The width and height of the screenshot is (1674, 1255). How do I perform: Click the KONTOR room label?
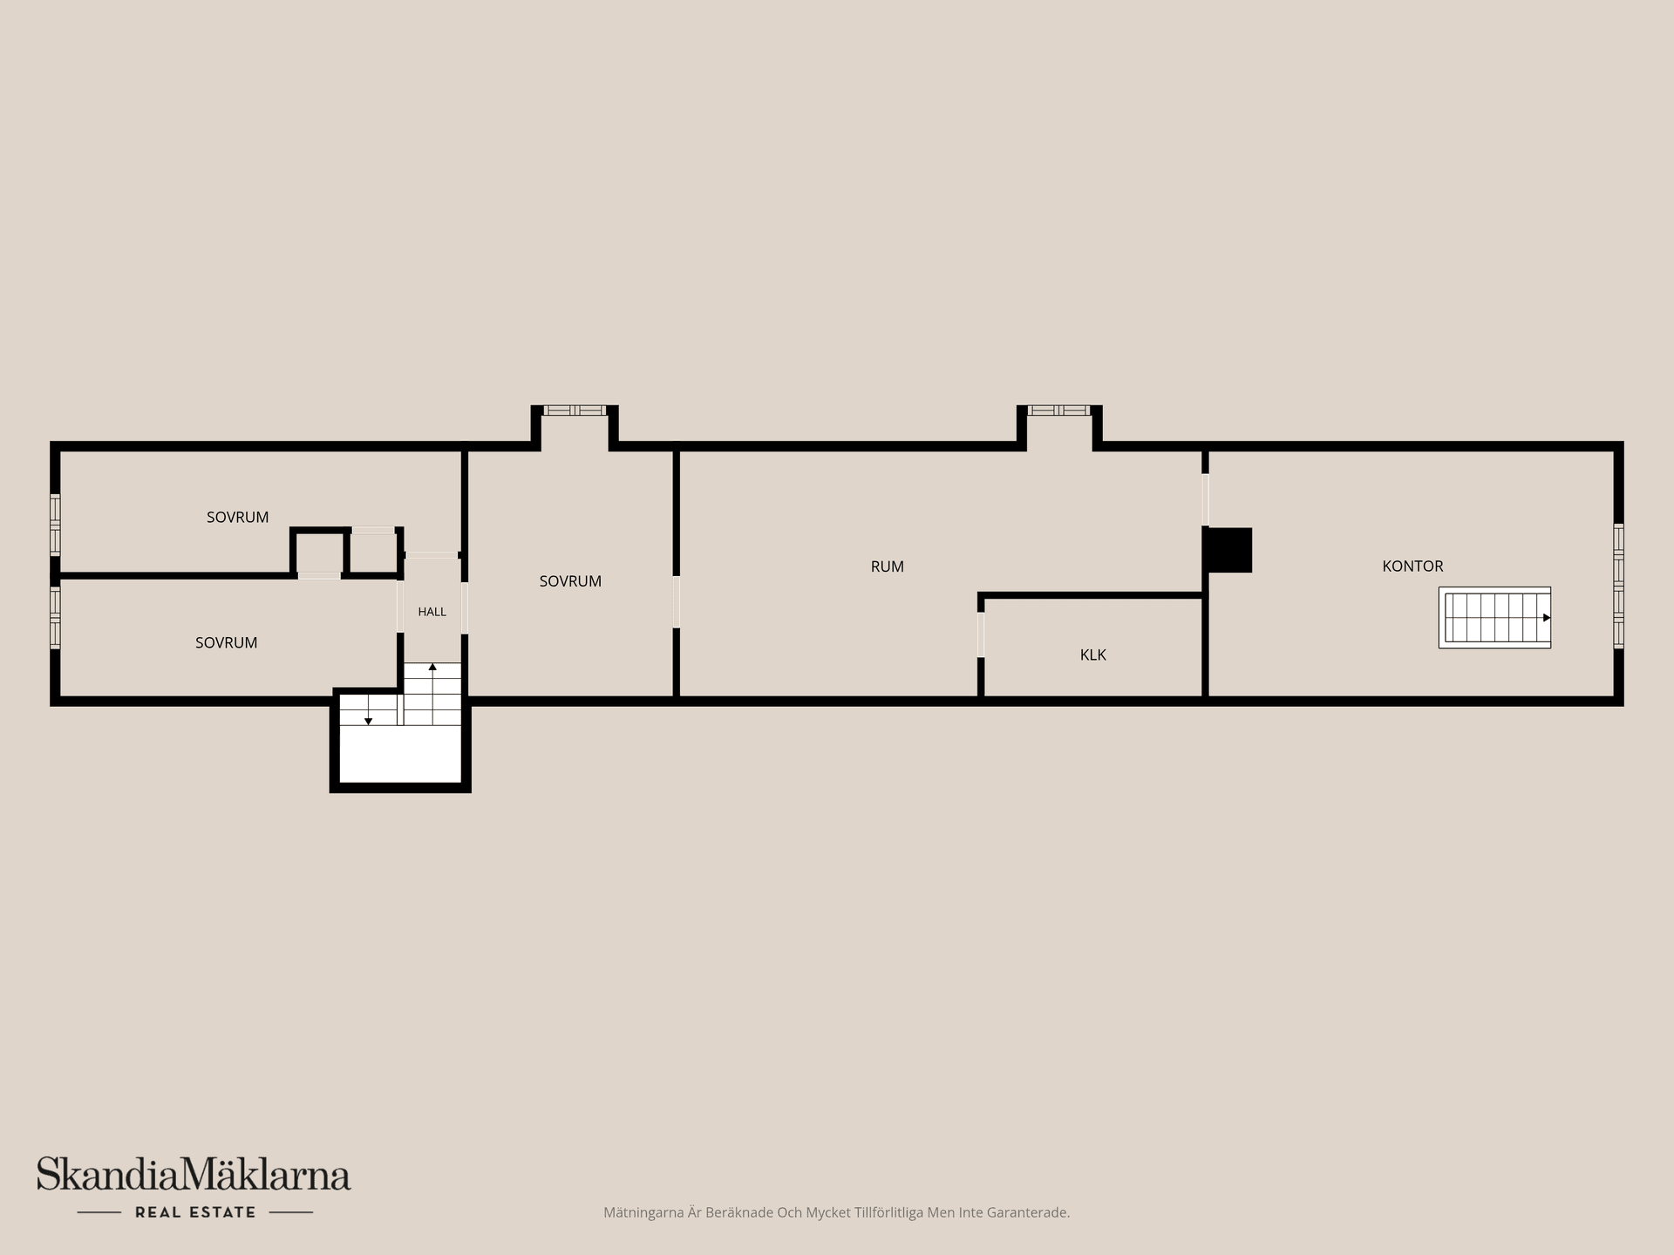(1412, 566)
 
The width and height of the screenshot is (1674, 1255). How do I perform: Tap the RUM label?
(887, 566)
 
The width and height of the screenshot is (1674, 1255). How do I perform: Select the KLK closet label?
(1092, 655)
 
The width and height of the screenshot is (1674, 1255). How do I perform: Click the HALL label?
(432, 612)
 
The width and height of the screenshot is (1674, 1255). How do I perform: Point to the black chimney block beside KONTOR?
(1228, 550)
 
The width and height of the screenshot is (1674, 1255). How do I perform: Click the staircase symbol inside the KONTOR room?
(1494, 617)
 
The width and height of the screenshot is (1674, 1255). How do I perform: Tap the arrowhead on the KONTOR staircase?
(1547, 618)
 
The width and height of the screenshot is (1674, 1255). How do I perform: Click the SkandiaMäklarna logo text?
(194, 1174)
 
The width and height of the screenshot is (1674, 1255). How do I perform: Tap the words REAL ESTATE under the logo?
(195, 1212)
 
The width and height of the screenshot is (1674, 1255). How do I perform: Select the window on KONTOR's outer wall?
(1618, 586)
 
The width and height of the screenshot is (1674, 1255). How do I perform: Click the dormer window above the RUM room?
(1058, 410)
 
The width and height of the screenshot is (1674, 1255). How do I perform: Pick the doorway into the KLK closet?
(981, 634)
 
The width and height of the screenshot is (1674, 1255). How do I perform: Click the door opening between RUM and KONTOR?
(1205, 499)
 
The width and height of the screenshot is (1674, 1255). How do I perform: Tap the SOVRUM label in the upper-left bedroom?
(237, 518)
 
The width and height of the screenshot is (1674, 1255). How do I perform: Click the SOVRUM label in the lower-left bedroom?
(226, 643)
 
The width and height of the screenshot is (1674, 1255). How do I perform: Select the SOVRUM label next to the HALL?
(570, 581)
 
